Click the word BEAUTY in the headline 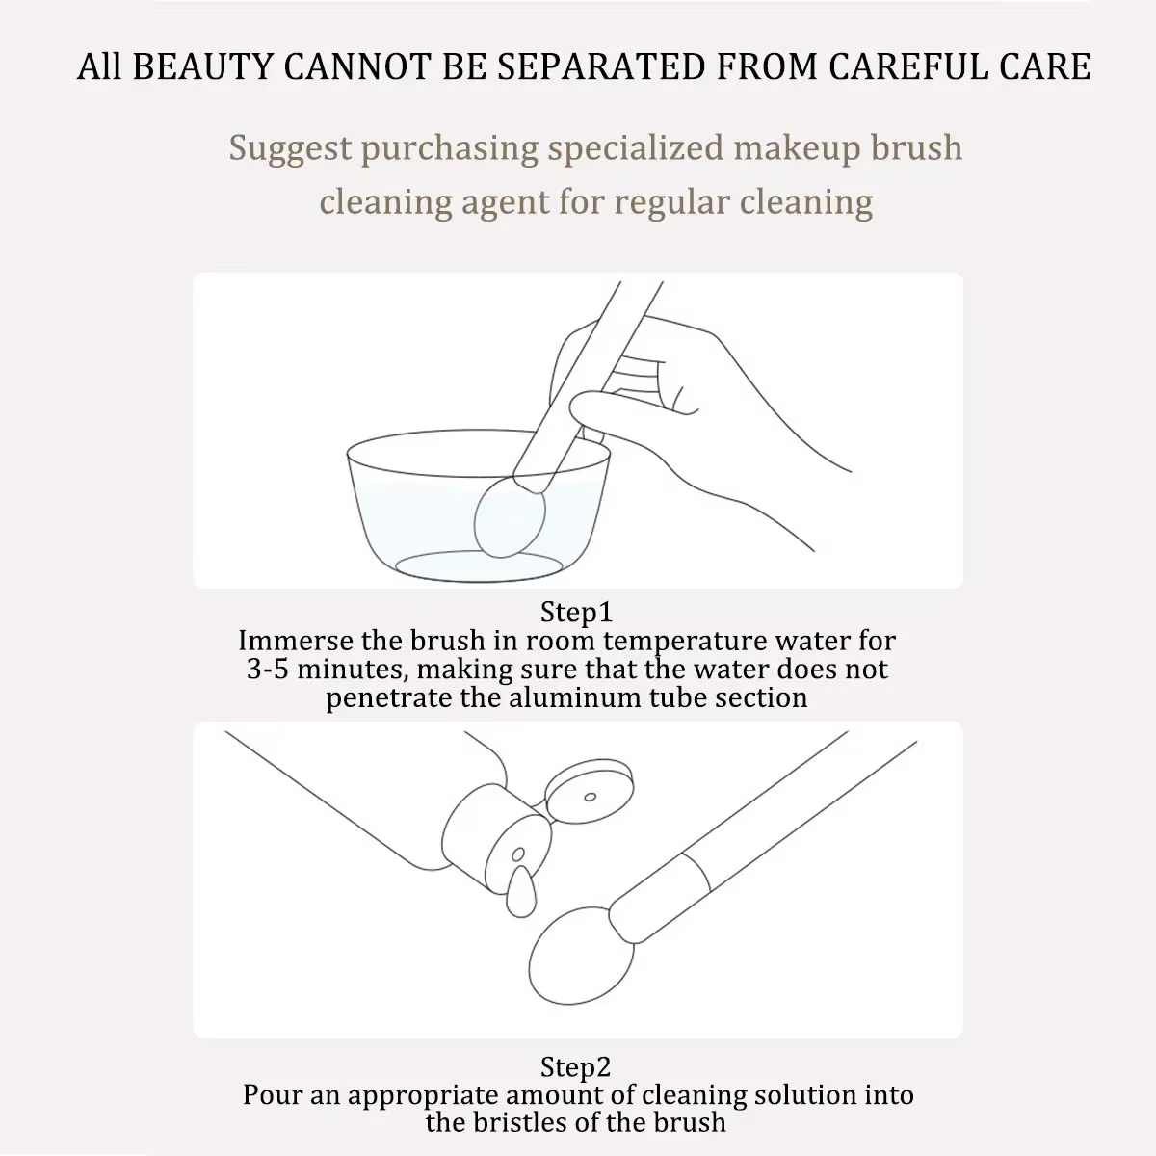coord(202,66)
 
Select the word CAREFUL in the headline coord(909,66)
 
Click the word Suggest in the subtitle coord(290,149)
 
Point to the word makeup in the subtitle coord(798,149)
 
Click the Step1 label coord(576,613)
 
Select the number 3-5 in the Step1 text coord(268,669)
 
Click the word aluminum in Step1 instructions coord(575,697)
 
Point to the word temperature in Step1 coord(685,642)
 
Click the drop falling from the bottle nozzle coord(521,891)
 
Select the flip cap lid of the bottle coord(590,792)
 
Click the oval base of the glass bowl coord(479,565)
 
